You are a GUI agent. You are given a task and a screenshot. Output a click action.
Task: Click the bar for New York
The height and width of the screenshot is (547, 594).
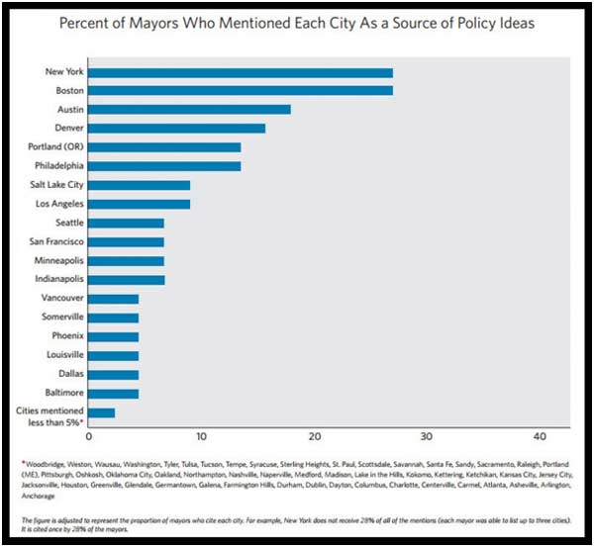(x=241, y=72)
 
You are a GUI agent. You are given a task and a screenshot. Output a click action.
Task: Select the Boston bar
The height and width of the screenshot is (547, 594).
(x=241, y=91)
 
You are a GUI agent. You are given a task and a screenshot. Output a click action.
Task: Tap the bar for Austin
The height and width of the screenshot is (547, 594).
(x=190, y=109)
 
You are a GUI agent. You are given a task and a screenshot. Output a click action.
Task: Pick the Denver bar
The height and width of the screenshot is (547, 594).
(x=177, y=128)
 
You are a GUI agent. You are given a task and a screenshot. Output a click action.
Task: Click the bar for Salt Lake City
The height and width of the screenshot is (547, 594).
(x=140, y=185)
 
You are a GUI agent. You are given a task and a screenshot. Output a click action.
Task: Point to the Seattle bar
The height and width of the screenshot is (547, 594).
(x=127, y=223)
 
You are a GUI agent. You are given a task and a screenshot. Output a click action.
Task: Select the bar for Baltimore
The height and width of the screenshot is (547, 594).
(x=114, y=393)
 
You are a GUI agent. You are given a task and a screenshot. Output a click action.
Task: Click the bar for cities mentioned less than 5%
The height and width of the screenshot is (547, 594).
(x=102, y=412)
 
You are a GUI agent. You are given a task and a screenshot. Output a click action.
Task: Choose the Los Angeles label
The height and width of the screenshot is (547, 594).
(x=57, y=204)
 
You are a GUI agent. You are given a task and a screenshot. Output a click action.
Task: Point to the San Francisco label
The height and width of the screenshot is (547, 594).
(x=56, y=241)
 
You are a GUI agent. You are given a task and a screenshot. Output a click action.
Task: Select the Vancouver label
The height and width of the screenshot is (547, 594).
(x=62, y=298)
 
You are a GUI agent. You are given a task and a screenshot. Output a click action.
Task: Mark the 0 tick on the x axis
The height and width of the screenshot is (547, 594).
(x=89, y=436)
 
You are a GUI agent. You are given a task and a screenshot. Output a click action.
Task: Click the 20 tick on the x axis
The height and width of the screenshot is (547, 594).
(x=315, y=436)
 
